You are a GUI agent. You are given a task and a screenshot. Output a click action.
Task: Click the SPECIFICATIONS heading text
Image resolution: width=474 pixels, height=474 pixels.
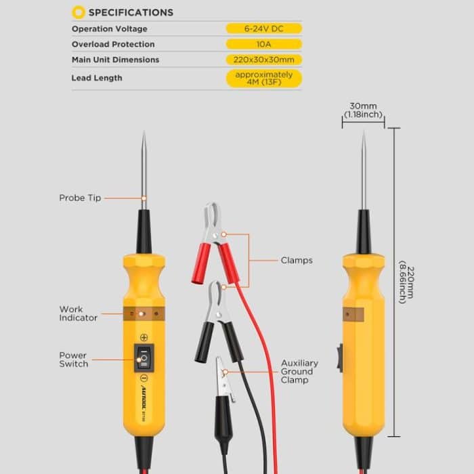click(131, 12)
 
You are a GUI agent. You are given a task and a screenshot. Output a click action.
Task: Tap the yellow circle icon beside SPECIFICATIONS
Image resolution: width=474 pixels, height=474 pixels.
click(79, 12)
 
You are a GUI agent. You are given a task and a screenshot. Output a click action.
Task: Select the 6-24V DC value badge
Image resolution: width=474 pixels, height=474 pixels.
click(263, 28)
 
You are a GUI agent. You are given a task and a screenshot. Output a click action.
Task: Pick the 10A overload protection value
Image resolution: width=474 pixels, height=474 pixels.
click(263, 44)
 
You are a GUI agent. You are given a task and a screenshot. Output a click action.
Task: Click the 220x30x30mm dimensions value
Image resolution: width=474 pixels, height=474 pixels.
click(263, 60)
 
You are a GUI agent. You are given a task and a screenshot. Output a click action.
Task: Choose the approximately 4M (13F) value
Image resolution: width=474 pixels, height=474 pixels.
click(263, 78)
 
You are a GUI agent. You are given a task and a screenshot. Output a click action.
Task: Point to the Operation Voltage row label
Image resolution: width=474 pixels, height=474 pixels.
click(109, 28)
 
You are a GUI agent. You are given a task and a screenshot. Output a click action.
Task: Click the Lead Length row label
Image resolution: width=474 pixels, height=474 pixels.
click(97, 78)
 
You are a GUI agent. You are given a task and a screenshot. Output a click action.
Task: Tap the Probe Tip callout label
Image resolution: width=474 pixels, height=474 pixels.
click(80, 198)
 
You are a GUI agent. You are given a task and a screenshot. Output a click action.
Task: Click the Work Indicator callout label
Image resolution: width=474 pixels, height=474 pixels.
click(78, 314)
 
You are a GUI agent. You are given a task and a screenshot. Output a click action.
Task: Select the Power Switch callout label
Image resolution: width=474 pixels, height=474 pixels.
click(73, 360)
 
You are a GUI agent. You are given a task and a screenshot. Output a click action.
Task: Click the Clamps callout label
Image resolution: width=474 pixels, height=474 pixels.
click(297, 260)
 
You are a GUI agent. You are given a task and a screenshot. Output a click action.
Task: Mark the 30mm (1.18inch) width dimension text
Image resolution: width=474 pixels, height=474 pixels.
click(363, 110)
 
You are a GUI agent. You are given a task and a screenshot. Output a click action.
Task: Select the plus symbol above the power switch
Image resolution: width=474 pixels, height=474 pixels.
click(144, 337)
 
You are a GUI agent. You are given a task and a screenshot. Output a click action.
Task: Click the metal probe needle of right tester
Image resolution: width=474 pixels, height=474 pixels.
click(364, 169)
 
